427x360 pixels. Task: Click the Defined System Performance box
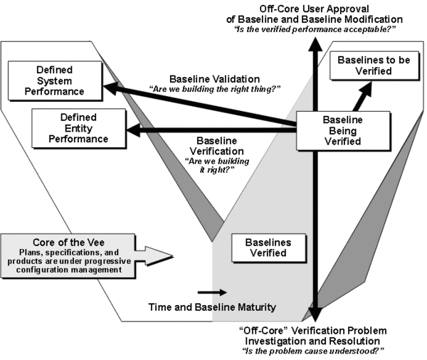(x=56, y=80)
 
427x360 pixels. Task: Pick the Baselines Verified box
(x=271, y=248)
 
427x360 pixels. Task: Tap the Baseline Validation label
(x=201, y=78)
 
